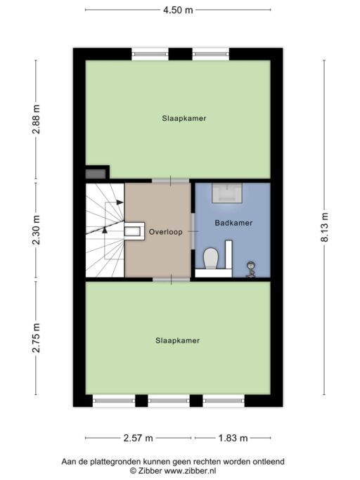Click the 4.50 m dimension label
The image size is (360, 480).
point(178,10)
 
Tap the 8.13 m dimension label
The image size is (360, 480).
point(324,227)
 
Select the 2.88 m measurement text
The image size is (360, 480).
point(37,119)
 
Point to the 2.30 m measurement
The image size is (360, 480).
point(37,231)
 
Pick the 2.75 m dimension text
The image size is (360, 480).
point(37,337)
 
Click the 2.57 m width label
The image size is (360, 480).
point(139,438)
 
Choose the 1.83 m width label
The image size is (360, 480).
point(233,438)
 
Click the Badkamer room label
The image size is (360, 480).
point(233,223)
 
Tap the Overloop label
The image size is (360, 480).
point(165,232)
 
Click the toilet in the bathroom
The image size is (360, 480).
point(211,258)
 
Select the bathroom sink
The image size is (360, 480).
point(227,193)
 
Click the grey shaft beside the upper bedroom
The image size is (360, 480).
point(96,174)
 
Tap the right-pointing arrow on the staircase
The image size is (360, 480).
point(120,202)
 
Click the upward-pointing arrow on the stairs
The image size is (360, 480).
point(105,230)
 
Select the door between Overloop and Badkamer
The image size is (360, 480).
point(193,231)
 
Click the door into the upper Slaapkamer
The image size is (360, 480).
point(171,181)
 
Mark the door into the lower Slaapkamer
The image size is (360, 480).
point(172,279)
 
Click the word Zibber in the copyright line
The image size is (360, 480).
point(149,470)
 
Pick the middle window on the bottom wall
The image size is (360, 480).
point(169,401)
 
